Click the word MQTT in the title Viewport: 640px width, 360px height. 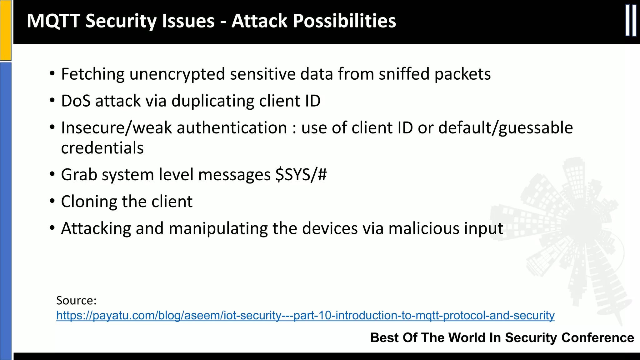coord(53,21)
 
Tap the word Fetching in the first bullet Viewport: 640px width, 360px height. coord(93,74)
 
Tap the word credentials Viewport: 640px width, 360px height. coord(102,148)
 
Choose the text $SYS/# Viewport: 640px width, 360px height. coord(301,174)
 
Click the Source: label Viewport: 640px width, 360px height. coord(76,301)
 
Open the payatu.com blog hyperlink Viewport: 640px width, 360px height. coord(305,315)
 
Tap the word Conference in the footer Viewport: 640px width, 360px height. coord(597,338)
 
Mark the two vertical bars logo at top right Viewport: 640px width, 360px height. coord(631,21)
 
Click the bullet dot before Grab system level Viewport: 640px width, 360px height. coord(52,174)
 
